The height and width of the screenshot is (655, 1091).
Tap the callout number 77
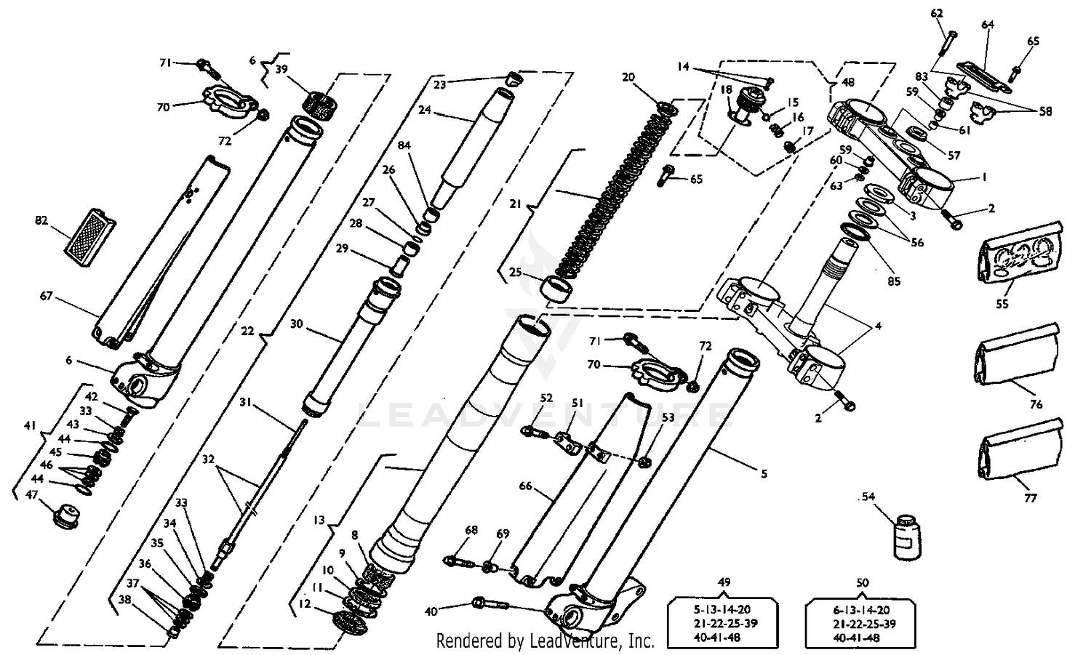click(1031, 498)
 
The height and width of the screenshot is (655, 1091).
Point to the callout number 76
click(1036, 404)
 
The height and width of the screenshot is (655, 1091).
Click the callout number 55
click(1002, 304)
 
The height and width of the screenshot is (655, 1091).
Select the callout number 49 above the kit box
click(724, 582)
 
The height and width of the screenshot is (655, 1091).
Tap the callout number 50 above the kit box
click(863, 582)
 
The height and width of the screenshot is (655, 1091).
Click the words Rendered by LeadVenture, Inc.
click(545, 641)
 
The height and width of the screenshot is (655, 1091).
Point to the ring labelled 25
click(561, 288)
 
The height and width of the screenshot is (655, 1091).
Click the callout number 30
click(296, 324)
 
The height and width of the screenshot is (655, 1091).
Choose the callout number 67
click(47, 296)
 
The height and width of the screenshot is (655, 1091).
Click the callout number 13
click(319, 521)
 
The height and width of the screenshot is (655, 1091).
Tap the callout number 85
click(894, 281)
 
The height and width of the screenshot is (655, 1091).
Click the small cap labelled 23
click(516, 79)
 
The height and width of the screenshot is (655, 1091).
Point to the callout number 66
click(526, 486)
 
